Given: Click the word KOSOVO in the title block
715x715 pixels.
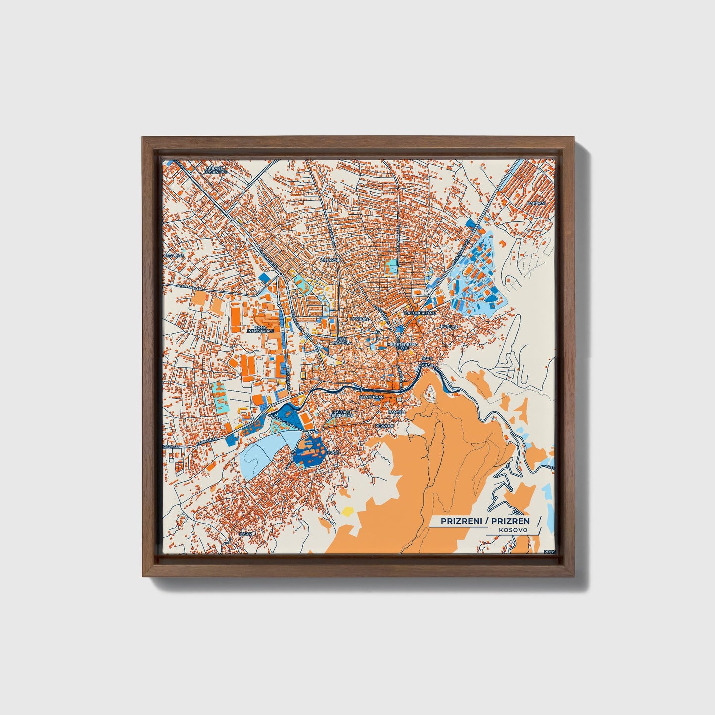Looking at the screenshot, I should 513,529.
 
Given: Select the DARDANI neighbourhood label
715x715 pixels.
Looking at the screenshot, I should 535,203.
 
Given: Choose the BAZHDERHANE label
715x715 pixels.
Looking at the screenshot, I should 420,313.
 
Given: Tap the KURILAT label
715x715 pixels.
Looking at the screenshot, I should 450,327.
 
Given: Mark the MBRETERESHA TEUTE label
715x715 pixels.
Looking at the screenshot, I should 403,346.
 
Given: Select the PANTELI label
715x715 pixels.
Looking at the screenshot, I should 397,412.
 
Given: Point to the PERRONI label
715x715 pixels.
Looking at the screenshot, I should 384,425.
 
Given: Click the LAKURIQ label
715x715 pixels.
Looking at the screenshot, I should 359,319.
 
